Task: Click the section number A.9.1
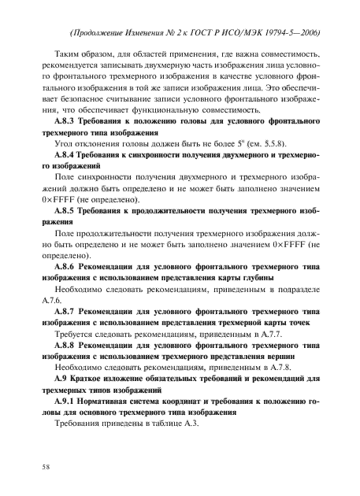pyautogui.click(x=66, y=400)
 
